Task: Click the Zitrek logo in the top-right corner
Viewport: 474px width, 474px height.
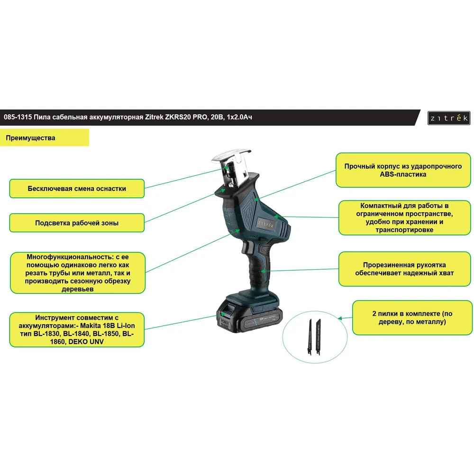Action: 449,118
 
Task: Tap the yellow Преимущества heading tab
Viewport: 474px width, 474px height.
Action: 45,138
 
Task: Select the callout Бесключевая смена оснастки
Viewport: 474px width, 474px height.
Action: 77,189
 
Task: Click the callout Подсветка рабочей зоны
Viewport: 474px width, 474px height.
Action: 77,223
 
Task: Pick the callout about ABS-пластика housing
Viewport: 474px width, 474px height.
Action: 403,170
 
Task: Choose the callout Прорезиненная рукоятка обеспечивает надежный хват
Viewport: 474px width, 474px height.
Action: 404,269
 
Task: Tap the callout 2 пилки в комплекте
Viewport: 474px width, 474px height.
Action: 412,318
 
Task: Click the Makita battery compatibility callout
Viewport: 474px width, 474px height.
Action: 77,330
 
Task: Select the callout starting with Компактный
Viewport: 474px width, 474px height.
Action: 404,218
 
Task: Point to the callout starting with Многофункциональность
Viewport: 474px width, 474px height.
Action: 78,273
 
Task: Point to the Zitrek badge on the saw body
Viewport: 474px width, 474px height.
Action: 266,225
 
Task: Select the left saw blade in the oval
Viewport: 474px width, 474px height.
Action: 310,337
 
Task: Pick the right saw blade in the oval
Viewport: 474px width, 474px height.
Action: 318,337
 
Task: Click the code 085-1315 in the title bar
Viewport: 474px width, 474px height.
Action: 18,117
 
